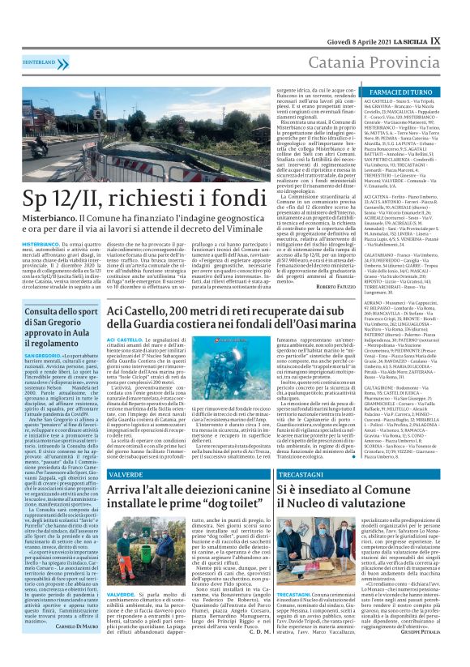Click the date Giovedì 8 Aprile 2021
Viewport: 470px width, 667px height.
[x=348, y=15]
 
